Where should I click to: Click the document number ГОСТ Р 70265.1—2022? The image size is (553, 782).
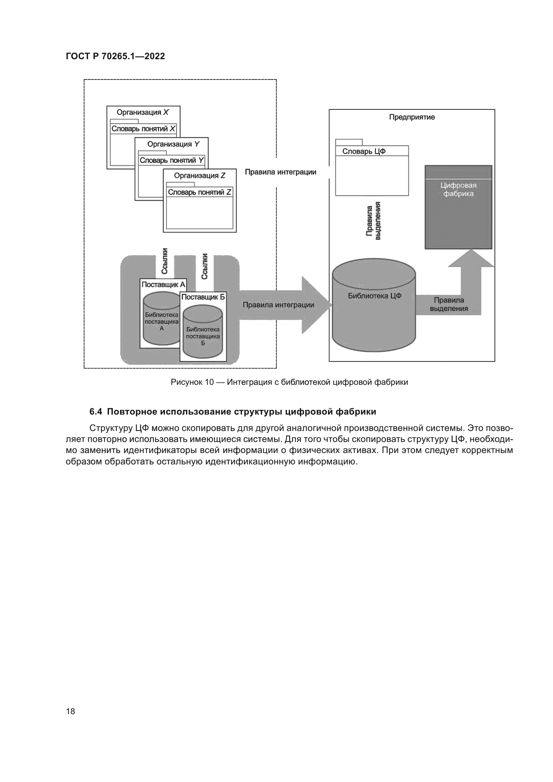[x=115, y=56]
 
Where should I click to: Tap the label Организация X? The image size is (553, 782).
[x=143, y=112]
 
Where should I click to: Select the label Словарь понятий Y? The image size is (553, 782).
[x=172, y=160]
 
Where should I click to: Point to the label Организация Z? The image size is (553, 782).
[x=200, y=176]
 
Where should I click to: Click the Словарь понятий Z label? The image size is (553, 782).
[x=200, y=193]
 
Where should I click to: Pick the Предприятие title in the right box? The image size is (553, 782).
[x=412, y=117]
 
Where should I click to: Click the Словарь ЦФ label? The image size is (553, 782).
[x=364, y=151]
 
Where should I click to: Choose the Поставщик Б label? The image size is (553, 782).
[x=203, y=297]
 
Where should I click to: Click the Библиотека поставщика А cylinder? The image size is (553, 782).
[x=161, y=322]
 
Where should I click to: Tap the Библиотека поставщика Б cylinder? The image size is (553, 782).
[x=203, y=335]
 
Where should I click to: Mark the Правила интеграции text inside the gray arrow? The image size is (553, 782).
[x=278, y=305]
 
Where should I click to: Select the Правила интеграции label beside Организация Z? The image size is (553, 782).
[x=280, y=172]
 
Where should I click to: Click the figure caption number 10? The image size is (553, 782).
[x=209, y=382]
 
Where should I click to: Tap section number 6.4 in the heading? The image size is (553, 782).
[x=96, y=412]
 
